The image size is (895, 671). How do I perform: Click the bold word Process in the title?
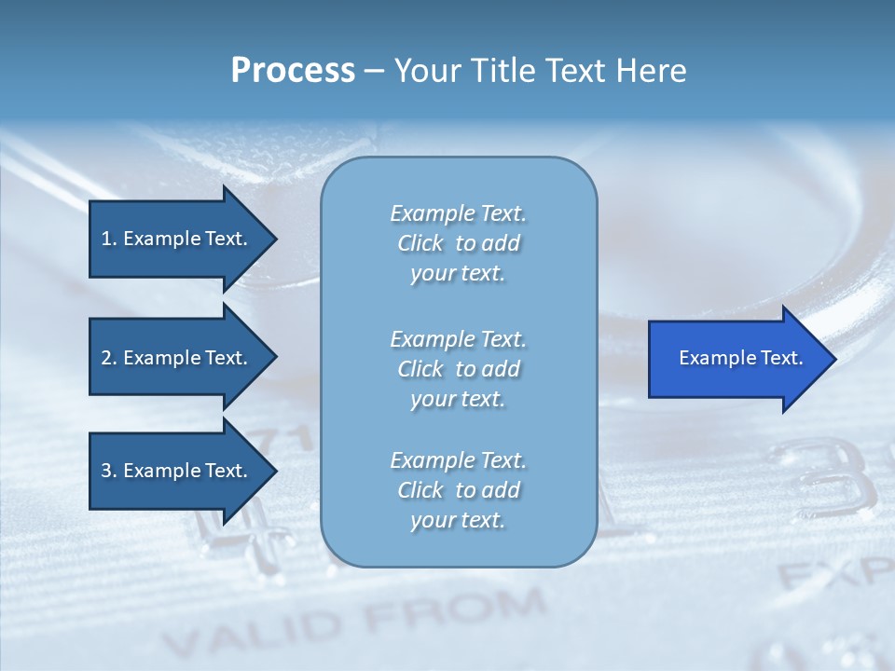(293, 71)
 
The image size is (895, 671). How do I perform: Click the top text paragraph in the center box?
(458, 243)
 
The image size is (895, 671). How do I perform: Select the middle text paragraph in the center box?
(458, 369)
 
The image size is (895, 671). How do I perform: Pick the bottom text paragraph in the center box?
(458, 490)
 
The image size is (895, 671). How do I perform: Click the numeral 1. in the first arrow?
(108, 239)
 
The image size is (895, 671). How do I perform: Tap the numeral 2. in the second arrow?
(108, 358)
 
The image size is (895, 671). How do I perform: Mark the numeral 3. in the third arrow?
(108, 471)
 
